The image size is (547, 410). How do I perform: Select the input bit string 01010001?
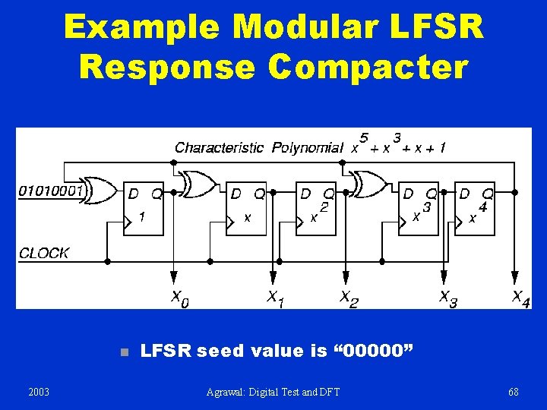pyautogui.click(x=50, y=191)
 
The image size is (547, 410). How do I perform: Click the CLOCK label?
pyautogui.click(x=44, y=253)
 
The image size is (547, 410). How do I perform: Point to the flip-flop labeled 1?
pyautogui.click(x=144, y=209)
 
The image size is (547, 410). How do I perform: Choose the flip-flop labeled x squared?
pyautogui.click(x=317, y=209)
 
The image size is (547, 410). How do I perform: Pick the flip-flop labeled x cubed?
pyautogui.click(x=419, y=209)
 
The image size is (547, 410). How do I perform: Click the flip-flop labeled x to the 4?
pyautogui.click(x=475, y=209)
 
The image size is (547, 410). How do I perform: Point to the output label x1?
pyautogui.click(x=275, y=298)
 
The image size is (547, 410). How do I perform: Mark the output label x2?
pyautogui.click(x=348, y=298)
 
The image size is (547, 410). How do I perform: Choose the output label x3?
pyautogui.click(x=448, y=298)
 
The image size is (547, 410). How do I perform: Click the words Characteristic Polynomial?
pyautogui.click(x=258, y=147)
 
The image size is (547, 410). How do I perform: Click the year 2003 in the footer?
pyautogui.click(x=38, y=392)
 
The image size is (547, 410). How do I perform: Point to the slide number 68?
pyautogui.click(x=514, y=392)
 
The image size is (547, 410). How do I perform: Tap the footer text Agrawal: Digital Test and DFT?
pyautogui.click(x=273, y=392)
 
